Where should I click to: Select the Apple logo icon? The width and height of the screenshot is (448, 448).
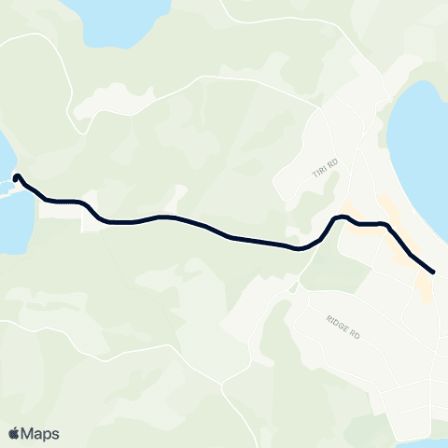pyautogui.click(x=14, y=433)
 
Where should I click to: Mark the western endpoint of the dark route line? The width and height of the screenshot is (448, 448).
pyautogui.click(x=17, y=175)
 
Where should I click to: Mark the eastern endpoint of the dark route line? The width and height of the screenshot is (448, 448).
pyautogui.click(x=434, y=272)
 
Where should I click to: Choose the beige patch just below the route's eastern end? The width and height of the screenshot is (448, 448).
pyautogui.click(x=424, y=289)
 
